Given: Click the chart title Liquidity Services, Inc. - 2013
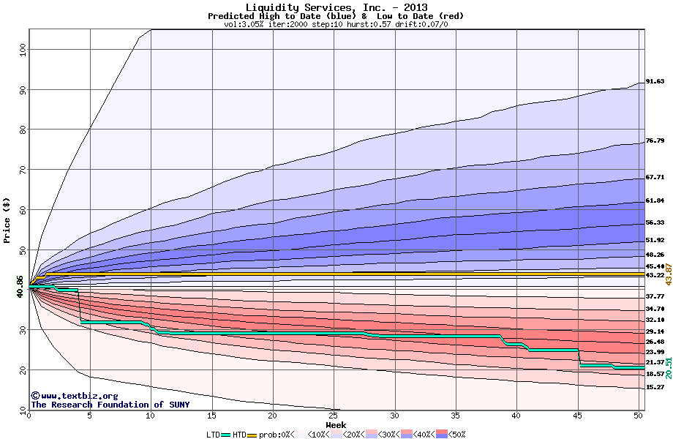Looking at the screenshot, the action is (x=336, y=7).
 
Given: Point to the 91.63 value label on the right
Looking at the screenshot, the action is (x=655, y=81).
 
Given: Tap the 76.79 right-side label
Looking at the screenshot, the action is (x=655, y=140).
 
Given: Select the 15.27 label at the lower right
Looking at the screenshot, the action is (x=655, y=387).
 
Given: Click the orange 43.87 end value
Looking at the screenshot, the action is (x=669, y=274).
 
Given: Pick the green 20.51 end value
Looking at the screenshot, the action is (x=669, y=368).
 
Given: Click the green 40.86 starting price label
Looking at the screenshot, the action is (x=20, y=287).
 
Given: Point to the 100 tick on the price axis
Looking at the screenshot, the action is (x=23, y=49).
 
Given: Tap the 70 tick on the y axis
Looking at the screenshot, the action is (x=23, y=170).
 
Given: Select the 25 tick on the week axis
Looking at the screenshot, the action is (x=333, y=416).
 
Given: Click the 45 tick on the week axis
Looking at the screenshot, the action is (x=577, y=416).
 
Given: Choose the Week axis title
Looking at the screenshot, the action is (x=336, y=425).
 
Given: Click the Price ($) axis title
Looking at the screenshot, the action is (x=7, y=220).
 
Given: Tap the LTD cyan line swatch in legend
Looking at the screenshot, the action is (x=226, y=435).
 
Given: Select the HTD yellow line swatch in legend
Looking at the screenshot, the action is (x=252, y=435).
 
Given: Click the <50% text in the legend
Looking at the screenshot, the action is (x=456, y=435).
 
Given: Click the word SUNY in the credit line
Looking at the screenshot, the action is (x=179, y=405).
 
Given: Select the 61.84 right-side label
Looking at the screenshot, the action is (x=655, y=200).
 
